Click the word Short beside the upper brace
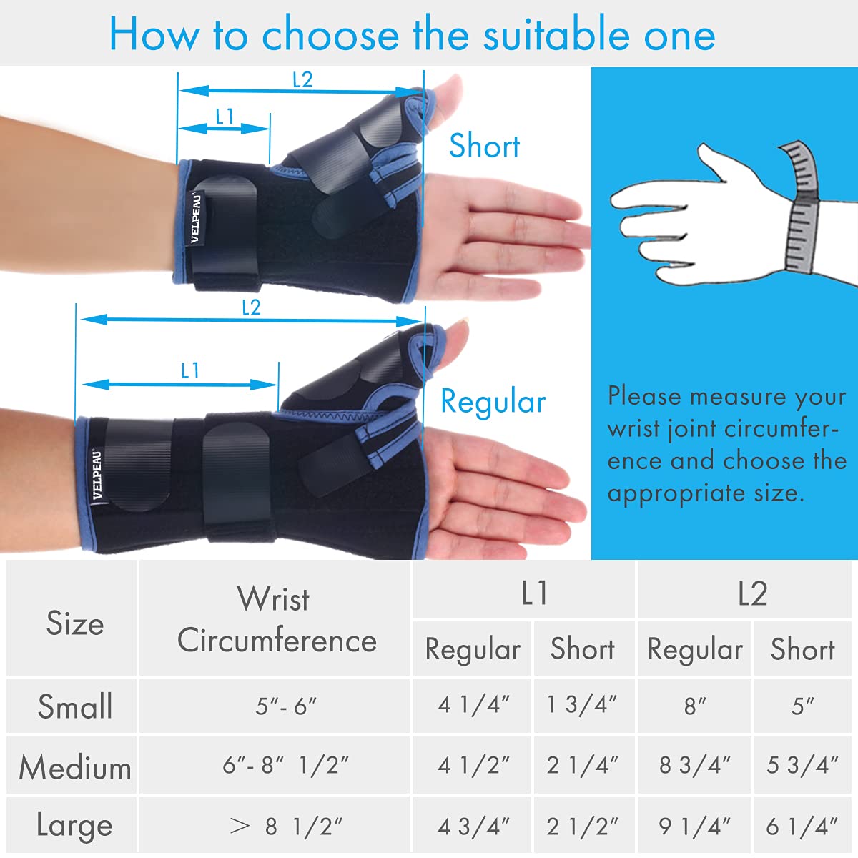click(x=484, y=146)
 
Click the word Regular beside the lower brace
click(x=493, y=402)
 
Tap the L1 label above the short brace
click(x=225, y=117)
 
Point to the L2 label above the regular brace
click(x=251, y=307)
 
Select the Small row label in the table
click(x=75, y=706)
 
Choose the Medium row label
click(x=75, y=768)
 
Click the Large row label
click(x=75, y=825)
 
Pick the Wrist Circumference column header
click(x=277, y=619)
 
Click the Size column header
click(x=75, y=623)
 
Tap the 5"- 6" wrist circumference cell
click(x=285, y=706)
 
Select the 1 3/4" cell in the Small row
click(x=581, y=705)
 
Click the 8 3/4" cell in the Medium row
click(x=694, y=766)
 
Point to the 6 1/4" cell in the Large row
click(x=802, y=827)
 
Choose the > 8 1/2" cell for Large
click(x=286, y=827)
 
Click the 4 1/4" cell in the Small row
click(x=473, y=705)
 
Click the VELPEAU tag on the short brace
click(x=195, y=217)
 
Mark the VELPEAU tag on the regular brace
click(x=97, y=473)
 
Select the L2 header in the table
click(x=752, y=593)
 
